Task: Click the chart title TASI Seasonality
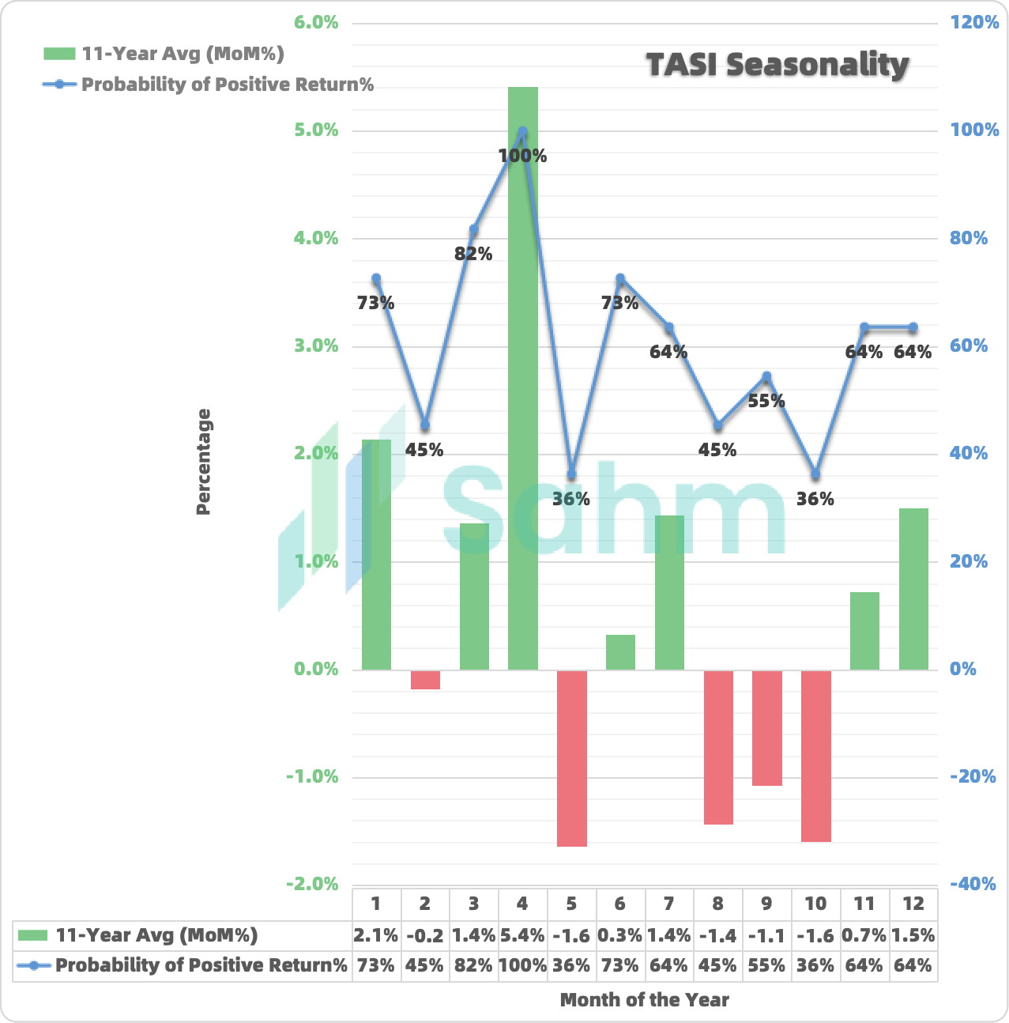pyautogui.click(x=777, y=65)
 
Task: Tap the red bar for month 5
pyautogui.click(x=571, y=758)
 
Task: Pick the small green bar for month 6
pyautogui.click(x=620, y=652)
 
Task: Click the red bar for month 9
pyautogui.click(x=766, y=727)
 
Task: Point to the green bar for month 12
pyautogui.click(x=913, y=589)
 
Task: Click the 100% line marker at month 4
pyautogui.click(x=522, y=131)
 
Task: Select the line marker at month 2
pyautogui.click(x=425, y=425)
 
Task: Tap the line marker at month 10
pyautogui.click(x=815, y=474)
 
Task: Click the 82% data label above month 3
pyautogui.click(x=473, y=254)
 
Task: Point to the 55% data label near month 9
pyautogui.click(x=766, y=401)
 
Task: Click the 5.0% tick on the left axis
pyautogui.click(x=316, y=130)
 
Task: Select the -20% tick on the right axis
pyautogui.click(x=973, y=776)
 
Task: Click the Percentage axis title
pyautogui.click(x=204, y=462)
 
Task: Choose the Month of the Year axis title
pyautogui.click(x=644, y=1000)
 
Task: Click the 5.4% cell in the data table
pyautogui.click(x=522, y=936)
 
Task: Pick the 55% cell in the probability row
pyautogui.click(x=766, y=965)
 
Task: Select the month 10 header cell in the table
pyautogui.click(x=815, y=904)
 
